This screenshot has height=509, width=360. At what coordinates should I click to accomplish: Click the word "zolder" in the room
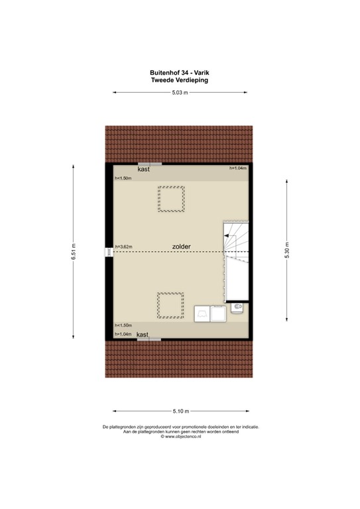coord(181,247)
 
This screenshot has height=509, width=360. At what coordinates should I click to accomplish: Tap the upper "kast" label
coord(144,170)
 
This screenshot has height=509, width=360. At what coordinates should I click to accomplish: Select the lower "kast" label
coord(143,335)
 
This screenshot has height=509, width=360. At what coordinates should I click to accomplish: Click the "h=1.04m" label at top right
coord(237,169)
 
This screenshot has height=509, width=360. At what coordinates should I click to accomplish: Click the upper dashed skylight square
coord(171,199)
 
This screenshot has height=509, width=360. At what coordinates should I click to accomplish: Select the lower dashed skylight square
coord(170,305)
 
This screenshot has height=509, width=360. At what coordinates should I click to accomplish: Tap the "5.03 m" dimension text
coord(180,93)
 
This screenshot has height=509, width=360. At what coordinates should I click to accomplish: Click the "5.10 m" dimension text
coord(180,411)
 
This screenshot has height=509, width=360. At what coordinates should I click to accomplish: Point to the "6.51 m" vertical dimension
coord(74,252)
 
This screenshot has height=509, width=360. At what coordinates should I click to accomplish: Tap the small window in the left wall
coord(109,252)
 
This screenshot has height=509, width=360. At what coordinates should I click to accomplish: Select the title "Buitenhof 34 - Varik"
coord(180,73)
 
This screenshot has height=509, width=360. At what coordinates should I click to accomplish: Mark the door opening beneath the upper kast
coord(149,164)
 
